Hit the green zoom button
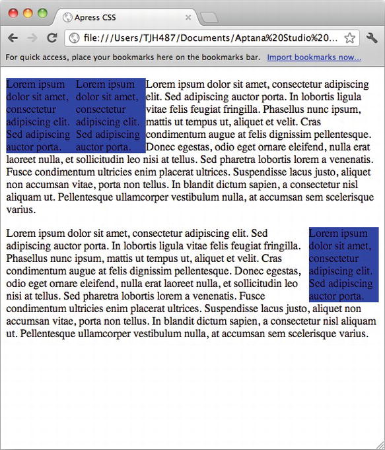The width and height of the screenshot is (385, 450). (42, 13)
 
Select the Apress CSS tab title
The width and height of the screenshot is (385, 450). (95, 18)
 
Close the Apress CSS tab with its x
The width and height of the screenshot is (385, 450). (188, 18)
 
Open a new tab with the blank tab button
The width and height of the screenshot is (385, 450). (209, 18)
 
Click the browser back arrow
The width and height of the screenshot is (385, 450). (13, 38)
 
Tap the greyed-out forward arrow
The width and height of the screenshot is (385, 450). (32, 38)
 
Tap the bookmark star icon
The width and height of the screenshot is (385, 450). (349, 38)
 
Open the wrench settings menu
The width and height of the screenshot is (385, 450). (371, 38)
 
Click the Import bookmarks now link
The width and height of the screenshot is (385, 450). (314, 57)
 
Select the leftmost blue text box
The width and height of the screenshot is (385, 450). (40, 115)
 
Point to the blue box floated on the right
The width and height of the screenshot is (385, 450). (343, 265)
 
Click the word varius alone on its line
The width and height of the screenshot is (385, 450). (20, 210)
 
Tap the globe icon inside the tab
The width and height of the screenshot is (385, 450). (67, 18)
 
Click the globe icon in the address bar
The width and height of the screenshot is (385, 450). (75, 38)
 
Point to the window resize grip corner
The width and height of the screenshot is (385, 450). (380, 445)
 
